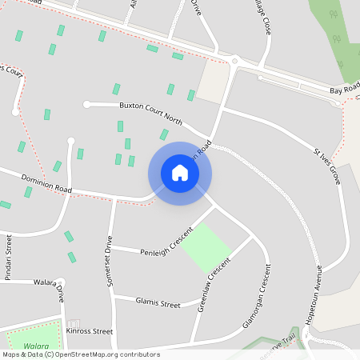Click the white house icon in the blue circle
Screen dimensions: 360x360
180,173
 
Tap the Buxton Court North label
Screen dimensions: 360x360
151,113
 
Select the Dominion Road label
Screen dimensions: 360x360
47,182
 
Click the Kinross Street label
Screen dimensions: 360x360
89,330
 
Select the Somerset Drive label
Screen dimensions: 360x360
109,256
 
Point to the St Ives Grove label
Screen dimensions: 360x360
327,166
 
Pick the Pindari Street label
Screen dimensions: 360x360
10,254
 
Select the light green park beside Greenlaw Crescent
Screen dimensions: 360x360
206,246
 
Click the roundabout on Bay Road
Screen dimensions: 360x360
234,61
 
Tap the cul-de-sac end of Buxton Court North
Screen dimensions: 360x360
86,103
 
